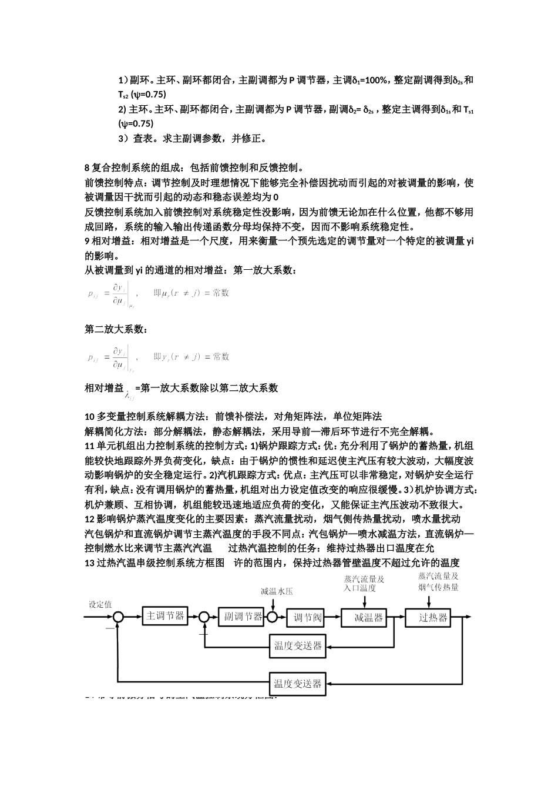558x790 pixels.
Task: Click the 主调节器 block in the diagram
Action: click(164, 616)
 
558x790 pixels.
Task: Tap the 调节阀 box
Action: click(307, 617)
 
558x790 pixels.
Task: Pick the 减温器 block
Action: click(368, 617)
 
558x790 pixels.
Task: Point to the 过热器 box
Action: click(433, 617)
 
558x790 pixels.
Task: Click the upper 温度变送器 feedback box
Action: click(298, 645)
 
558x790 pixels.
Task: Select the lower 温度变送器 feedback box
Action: click(298, 684)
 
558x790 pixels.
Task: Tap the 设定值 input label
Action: click(100, 604)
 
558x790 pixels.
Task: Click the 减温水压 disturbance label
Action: click(277, 591)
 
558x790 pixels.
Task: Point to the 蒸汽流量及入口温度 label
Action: click(364, 583)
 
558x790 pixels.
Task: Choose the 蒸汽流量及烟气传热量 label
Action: click(438, 581)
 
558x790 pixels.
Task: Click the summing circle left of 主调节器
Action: click(119, 617)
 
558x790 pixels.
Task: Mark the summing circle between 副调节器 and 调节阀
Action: click(273, 617)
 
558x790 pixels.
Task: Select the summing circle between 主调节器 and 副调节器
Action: click(204, 617)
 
